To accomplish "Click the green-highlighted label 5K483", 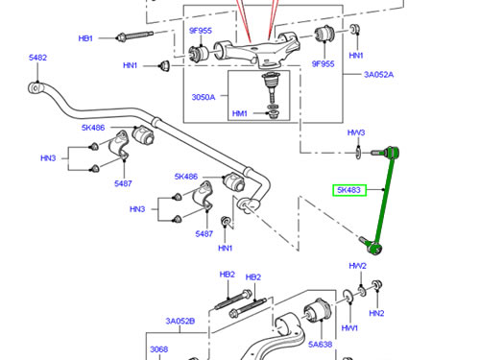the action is click(349, 190).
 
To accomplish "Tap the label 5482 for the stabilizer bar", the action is click(37, 58).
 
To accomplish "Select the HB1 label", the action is click(85, 38).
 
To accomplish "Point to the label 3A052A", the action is click(378, 75).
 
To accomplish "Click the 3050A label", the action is click(204, 97).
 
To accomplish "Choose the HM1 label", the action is click(240, 113).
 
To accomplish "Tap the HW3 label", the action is click(356, 132).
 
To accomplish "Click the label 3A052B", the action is click(180, 321).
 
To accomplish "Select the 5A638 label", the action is click(320, 345).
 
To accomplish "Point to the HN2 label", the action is click(376, 313).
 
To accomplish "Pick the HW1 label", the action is click(349, 328).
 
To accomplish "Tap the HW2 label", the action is click(357, 266).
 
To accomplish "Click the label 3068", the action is click(159, 349).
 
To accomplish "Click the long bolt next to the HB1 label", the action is click(134, 36).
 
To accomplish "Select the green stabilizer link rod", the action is click(383, 200).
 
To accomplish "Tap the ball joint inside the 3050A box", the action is click(271, 87).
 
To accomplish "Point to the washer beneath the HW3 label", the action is click(358, 153).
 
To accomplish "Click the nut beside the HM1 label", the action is click(273, 114).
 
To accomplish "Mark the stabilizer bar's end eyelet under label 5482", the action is click(36, 88).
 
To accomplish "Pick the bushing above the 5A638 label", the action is click(318, 309).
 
